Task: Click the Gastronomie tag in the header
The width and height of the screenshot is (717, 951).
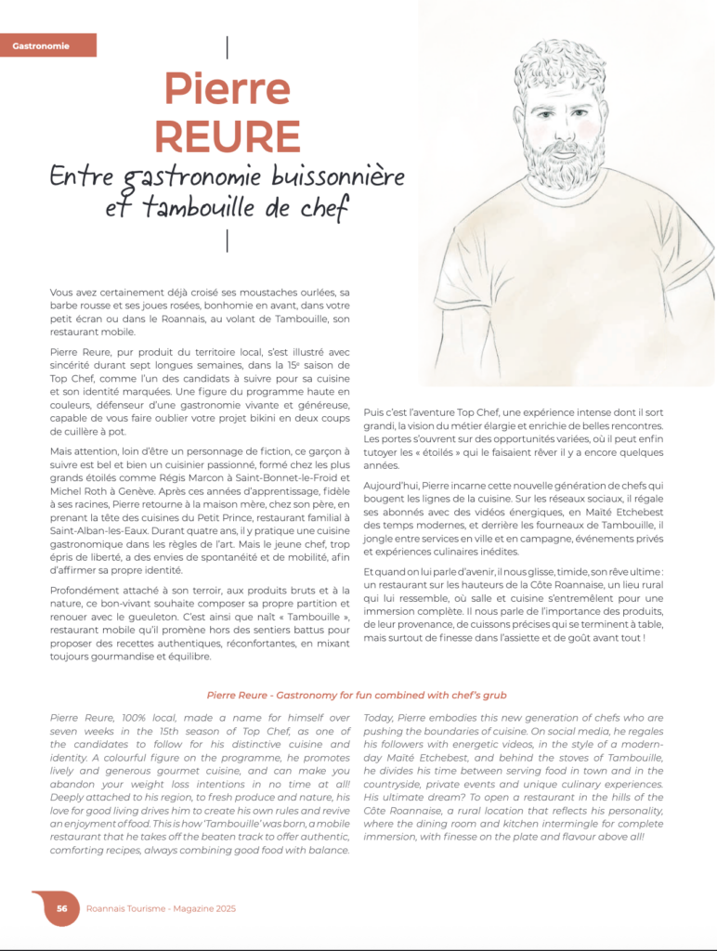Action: [x=41, y=46]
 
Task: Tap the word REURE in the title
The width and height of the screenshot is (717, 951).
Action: [x=227, y=136]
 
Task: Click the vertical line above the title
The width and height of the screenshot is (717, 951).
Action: [x=228, y=46]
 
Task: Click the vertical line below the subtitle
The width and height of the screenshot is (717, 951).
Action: [x=228, y=240]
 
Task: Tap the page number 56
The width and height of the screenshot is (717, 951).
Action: [x=61, y=908]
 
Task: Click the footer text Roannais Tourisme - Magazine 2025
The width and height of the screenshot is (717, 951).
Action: [x=161, y=908]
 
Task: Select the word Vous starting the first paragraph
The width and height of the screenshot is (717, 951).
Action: [x=63, y=293]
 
